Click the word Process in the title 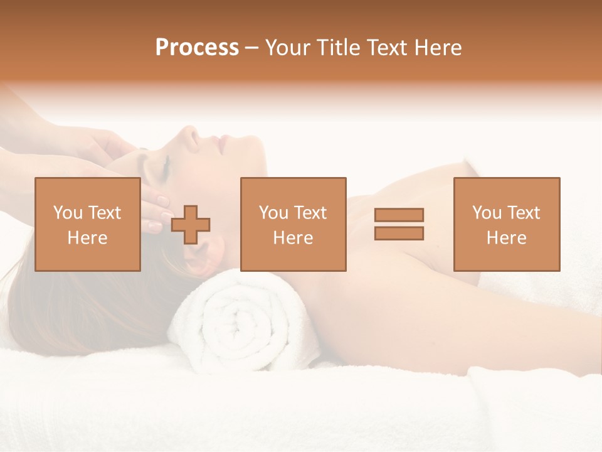[x=197, y=48]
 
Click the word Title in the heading [x=339, y=48]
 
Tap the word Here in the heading [x=437, y=48]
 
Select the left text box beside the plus [x=88, y=224]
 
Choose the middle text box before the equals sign [x=293, y=224]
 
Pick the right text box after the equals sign [x=507, y=224]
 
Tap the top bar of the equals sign [x=399, y=215]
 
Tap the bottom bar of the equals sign [x=399, y=233]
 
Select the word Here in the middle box [x=293, y=238]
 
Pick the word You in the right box [x=487, y=213]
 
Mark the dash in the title [x=251, y=48]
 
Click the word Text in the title [x=386, y=48]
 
